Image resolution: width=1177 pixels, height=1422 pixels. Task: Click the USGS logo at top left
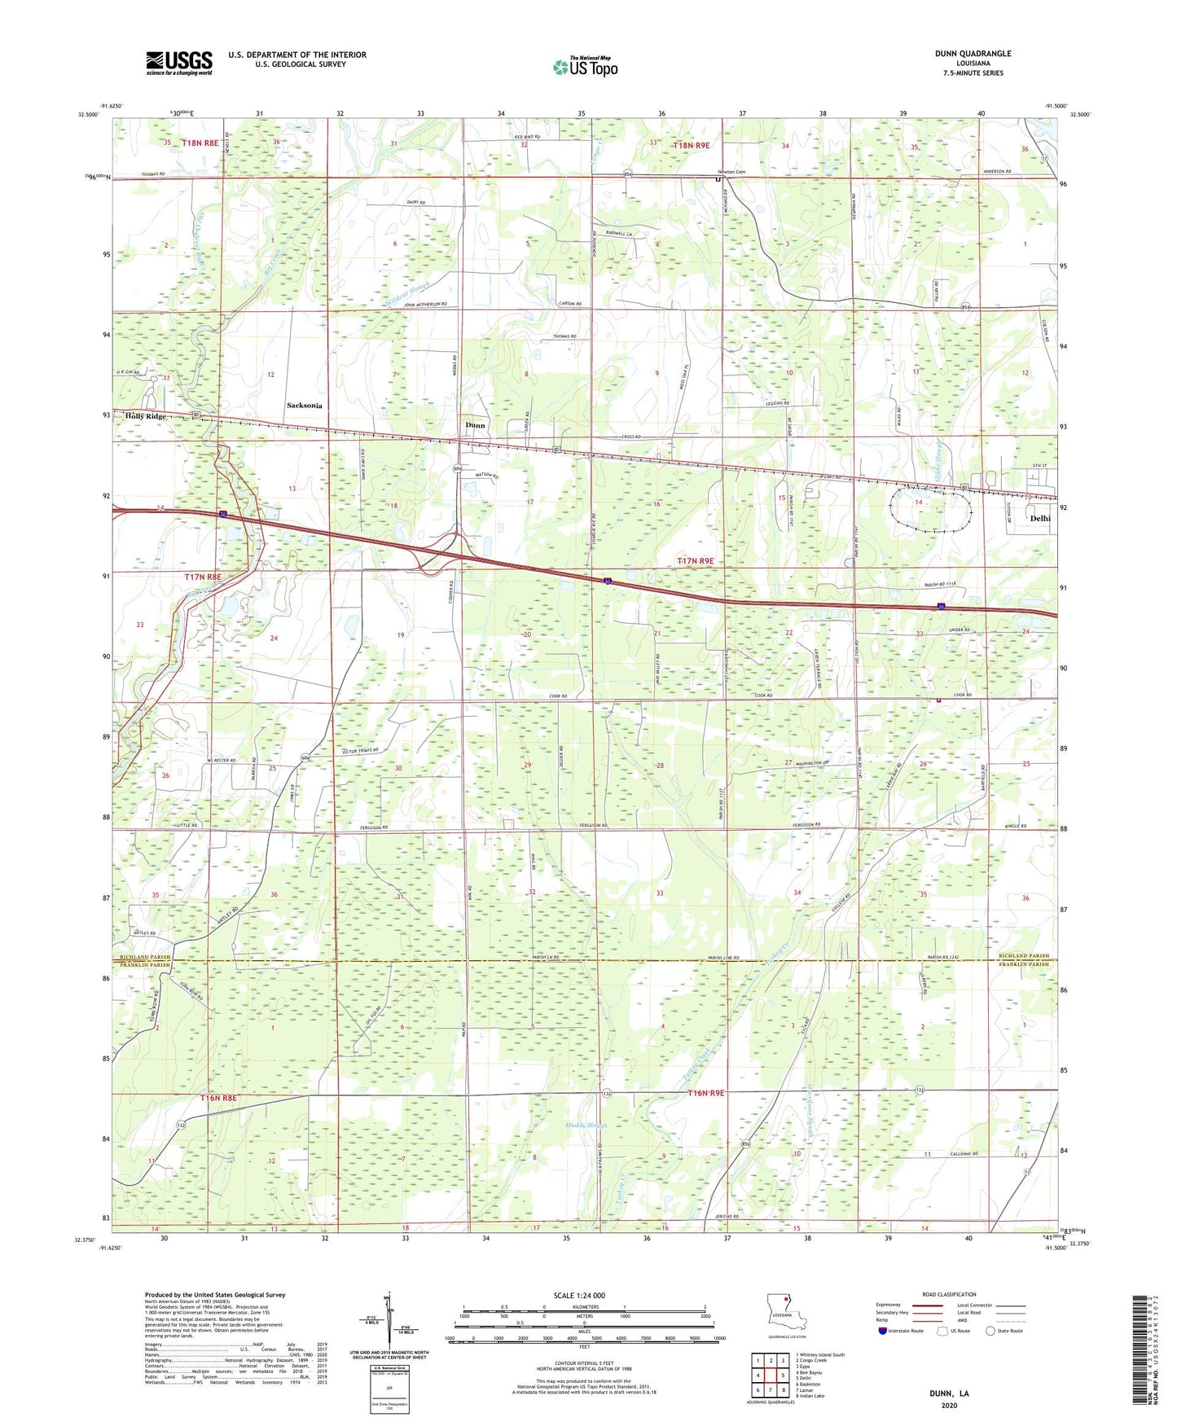point(178,63)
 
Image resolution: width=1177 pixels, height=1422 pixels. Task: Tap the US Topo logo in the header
point(585,67)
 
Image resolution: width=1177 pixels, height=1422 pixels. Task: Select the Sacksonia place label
point(304,405)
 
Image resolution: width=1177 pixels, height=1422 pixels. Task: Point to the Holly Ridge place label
point(146,416)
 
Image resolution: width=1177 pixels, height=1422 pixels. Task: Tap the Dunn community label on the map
point(475,425)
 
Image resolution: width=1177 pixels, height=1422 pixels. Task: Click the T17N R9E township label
point(696,560)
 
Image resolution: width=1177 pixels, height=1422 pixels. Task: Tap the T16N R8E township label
point(218,1098)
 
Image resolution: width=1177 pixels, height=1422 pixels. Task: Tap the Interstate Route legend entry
point(902,1331)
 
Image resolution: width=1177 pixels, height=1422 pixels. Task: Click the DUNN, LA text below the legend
point(949,1393)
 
